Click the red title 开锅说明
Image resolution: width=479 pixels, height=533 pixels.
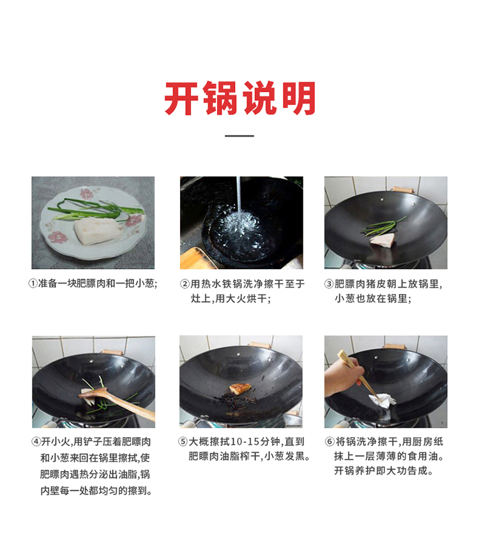[x=240, y=98]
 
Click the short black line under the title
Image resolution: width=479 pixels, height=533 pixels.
[x=240, y=135]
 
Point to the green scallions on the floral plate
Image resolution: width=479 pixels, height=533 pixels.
[x=96, y=209]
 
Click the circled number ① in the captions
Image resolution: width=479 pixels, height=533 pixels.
[x=33, y=284]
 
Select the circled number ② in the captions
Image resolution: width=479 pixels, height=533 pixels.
[x=185, y=284]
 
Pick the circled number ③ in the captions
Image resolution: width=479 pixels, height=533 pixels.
[x=329, y=284]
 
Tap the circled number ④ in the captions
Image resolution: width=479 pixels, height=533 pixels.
[x=36, y=442]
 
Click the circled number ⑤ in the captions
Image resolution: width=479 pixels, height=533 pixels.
[x=183, y=442]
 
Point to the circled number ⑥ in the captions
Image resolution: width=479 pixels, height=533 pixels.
[x=330, y=442]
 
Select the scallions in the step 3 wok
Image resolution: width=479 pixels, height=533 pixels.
[x=383, y=227]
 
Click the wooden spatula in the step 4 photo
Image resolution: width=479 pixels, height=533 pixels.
[x=118, y=403]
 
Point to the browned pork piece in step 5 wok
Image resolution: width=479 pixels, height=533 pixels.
[x=240, y=388]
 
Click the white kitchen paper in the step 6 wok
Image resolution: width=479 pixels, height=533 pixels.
[x=383, y=401]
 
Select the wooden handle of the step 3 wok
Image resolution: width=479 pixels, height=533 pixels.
[x=402, y=190]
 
